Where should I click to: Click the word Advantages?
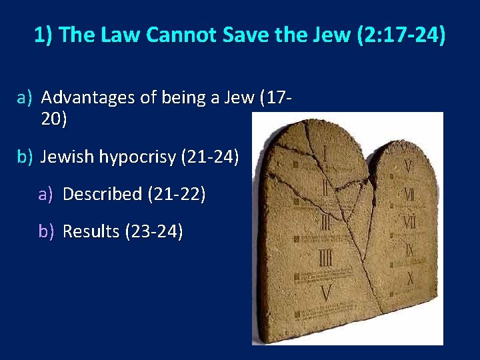(x=89, y=98)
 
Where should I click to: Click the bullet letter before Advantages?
(x=24, y=98)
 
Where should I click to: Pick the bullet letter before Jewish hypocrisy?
(x=24, y=157)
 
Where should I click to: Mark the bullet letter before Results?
(x=45, y=231)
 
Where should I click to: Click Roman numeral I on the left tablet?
(x=325, y=151)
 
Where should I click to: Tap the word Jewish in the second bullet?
(x=67, y=157)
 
